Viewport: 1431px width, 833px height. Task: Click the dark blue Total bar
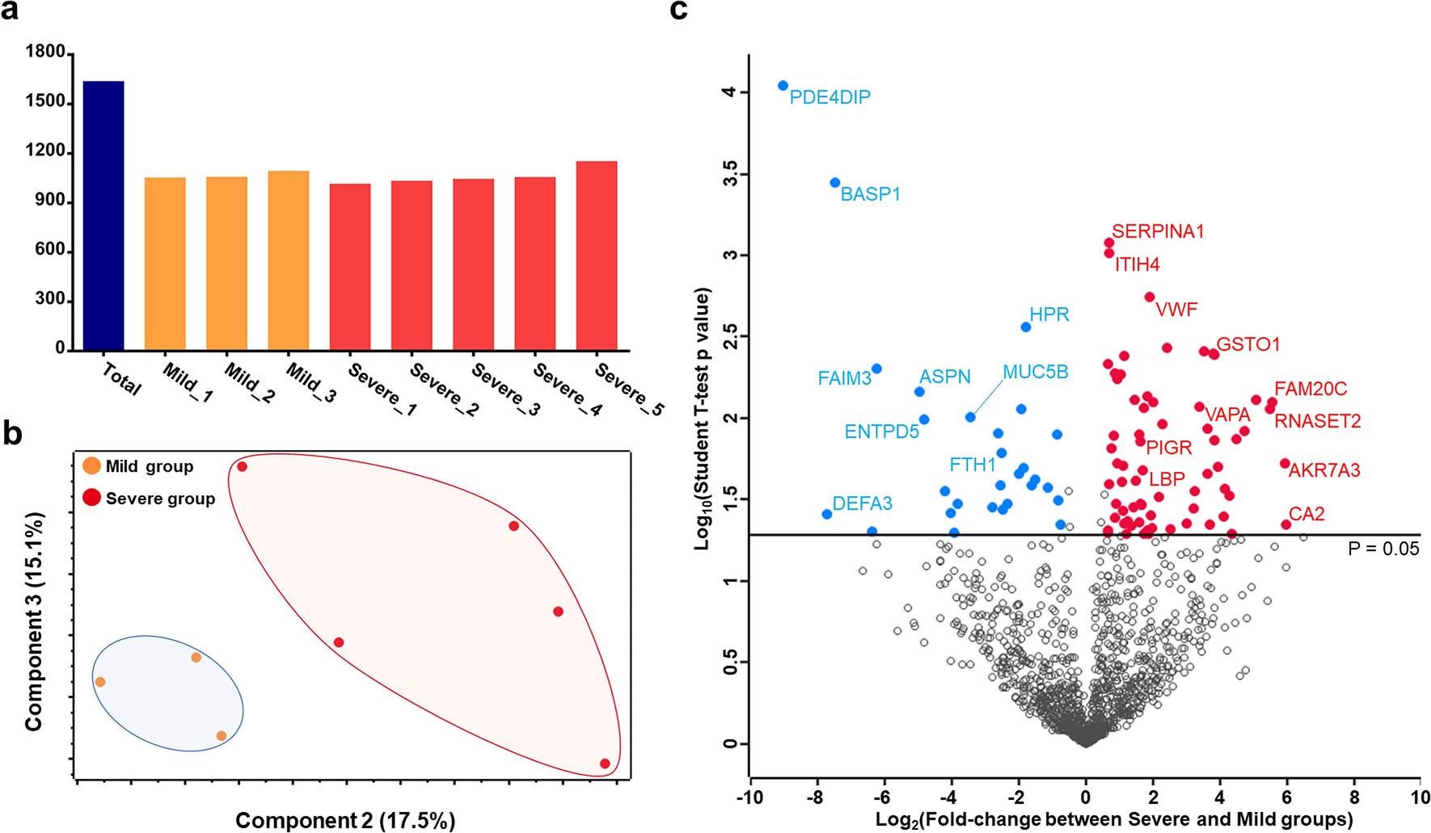[103, 216]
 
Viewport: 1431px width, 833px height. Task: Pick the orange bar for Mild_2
[227, 263]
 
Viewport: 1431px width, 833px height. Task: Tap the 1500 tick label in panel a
[45, 101]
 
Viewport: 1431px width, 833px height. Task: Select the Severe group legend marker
[92, 498]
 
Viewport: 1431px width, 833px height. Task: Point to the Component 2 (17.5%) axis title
[345, 820]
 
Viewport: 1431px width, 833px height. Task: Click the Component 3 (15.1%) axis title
[34, 622]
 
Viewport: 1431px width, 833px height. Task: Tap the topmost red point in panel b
[242, 467]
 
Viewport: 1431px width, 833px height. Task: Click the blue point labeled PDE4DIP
[783, 86]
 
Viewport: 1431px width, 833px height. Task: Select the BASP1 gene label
[870, 195]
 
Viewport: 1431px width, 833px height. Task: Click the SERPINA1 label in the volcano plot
[1158, 232]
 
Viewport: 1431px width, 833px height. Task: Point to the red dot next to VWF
[1150, 297]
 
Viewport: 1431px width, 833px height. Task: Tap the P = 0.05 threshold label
[1383, 549]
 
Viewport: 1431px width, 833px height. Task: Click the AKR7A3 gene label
[1323, 470]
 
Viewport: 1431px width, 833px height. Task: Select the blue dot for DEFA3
[826, 514]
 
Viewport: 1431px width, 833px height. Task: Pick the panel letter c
[679, 11]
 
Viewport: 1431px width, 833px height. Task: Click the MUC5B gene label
[1035, 372]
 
